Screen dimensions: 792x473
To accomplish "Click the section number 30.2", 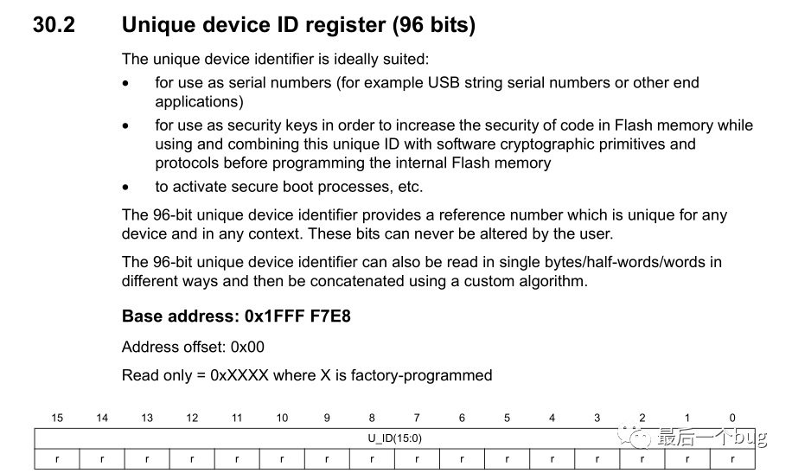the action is coord(54,25).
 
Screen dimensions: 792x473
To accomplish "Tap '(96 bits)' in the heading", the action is coord(434,25).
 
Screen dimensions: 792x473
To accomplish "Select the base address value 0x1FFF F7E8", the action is coord(297,316).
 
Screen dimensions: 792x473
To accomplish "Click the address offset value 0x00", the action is coord(247,347).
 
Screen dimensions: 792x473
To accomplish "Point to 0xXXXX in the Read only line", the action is coord(240,375).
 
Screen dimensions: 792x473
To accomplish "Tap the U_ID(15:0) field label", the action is coord(394,438).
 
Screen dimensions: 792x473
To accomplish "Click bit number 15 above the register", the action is coord(57,418).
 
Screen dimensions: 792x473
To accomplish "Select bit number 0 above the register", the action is coord(732,418).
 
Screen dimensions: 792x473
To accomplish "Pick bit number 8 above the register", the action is coord(372,418).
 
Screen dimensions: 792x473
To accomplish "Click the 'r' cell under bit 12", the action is coord(192,459).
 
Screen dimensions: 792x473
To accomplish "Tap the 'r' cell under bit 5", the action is coord(508,459).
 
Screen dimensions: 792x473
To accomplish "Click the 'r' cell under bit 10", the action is coord(282,459).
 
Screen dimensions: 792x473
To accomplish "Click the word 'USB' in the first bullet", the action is coord(444,82).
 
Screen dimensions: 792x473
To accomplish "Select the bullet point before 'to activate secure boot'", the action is coord(125,188).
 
